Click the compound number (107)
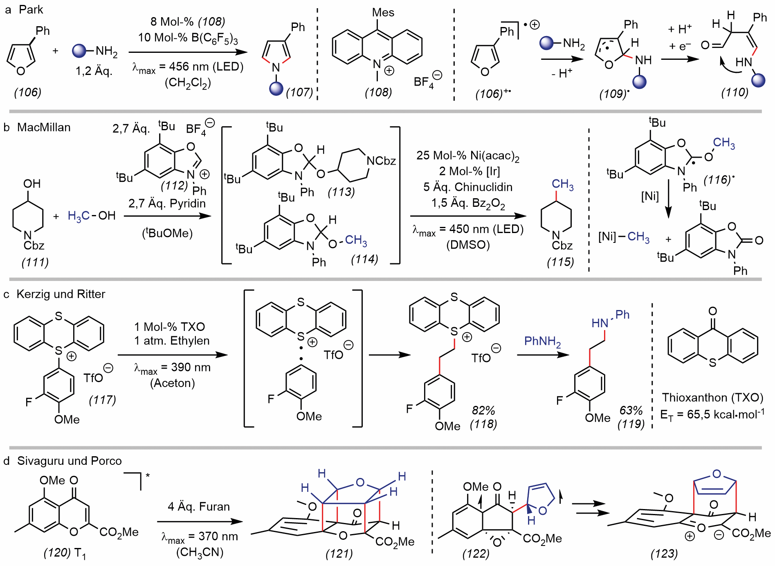(299, 92)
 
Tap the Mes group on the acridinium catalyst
(383, 13)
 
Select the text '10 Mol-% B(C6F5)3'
(188, 38)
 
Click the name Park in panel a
(31, 9)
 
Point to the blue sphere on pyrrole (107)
(276, 88)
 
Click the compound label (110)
(735, 92)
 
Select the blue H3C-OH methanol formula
(92, 216)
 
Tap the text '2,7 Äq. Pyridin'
(167, 203)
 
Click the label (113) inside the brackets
(341, 192)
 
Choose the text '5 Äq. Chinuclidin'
(468, 187)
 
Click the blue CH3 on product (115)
(563, 184)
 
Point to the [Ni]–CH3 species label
(624, 237)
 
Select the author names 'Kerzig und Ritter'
(61, 294)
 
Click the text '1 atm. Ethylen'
(172, 341)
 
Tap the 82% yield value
(483, 410)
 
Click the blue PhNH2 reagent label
(543, 341)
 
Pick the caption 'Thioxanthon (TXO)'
(713, 397)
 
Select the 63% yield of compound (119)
(631, 410)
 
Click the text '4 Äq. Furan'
(199, 507)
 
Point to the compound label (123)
(664, 554)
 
